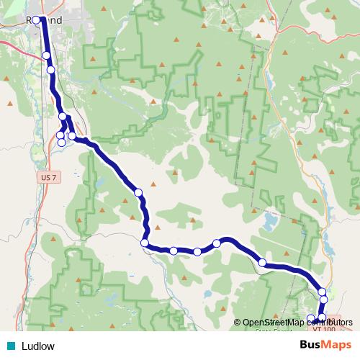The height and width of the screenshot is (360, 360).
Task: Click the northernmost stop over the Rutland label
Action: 37,20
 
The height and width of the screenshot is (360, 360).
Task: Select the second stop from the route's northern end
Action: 47,55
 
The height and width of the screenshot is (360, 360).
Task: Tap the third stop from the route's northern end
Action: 51,70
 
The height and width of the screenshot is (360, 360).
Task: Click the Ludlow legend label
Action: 38,346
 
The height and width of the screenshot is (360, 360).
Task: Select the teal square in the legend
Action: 10,346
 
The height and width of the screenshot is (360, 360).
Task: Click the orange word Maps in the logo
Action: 337,345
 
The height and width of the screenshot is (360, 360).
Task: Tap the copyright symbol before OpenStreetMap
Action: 238,322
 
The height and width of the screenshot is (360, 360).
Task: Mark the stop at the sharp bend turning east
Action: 145,243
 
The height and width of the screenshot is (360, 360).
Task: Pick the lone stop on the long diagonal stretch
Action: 138,192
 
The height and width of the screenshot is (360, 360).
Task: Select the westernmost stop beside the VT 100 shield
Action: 311,318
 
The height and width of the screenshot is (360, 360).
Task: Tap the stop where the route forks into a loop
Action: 63,117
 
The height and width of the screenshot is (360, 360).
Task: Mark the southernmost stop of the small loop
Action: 61,143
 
